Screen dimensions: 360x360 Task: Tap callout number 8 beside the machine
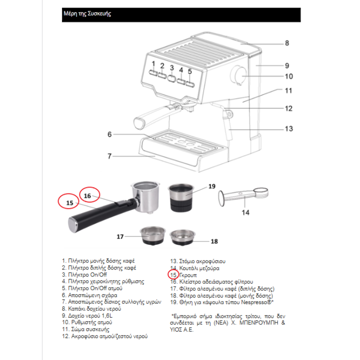click(286, 43)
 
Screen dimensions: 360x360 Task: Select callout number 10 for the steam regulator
click(288, 76)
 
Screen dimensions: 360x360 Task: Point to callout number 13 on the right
click(288, 128)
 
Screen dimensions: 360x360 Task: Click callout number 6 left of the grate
click(108, 134)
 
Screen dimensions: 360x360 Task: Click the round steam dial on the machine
click(239, 75)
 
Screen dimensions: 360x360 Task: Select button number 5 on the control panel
click(190, 82)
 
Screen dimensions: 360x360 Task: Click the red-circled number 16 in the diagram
click(88, 195)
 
